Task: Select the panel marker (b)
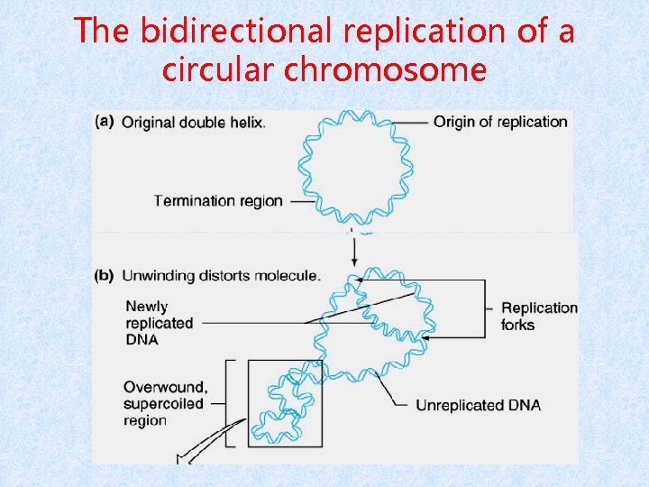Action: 106,275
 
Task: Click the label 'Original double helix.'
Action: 194,123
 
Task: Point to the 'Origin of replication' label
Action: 501,122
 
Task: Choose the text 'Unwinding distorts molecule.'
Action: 220,275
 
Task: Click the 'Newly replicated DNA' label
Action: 159,323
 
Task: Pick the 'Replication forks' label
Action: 539,316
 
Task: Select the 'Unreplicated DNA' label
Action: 478,405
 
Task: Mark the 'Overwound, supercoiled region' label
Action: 166,403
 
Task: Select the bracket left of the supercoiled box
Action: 229,402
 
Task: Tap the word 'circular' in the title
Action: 220,69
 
